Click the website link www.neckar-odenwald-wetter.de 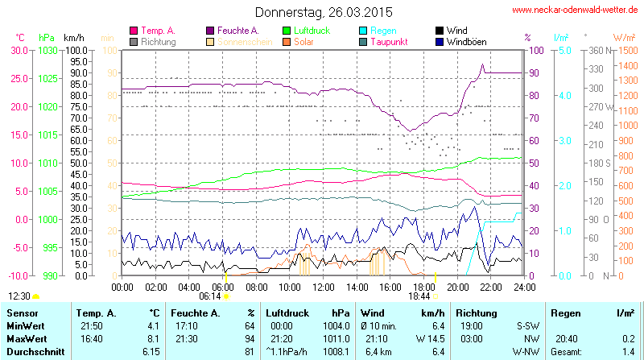576,10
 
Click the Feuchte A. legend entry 239,31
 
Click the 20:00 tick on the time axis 457,287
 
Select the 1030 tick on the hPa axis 47,50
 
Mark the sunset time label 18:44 419,296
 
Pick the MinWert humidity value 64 249,325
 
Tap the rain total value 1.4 629,352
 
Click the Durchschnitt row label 35,352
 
